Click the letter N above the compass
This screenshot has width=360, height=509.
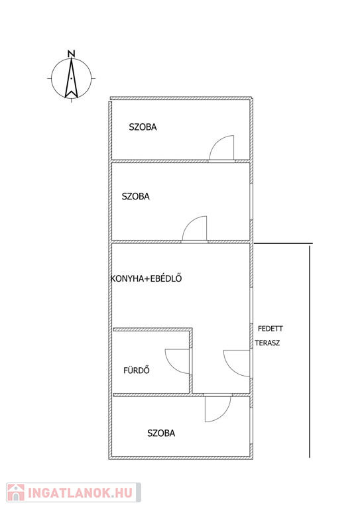[x=72, y=54]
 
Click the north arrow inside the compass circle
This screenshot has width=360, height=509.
[x=72, y=78]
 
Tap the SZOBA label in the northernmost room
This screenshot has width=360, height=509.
[x=143, y=127]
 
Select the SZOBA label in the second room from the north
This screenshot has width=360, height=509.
[x=136, y=196]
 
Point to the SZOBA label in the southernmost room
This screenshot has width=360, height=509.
[x=161, y=433]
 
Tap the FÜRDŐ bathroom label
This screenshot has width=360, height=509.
[x=137, y=370]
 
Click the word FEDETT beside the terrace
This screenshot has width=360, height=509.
[x=270, y=329]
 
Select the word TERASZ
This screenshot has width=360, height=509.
[x=267, y=343]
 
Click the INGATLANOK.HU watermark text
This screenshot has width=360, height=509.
[x=80, y=492]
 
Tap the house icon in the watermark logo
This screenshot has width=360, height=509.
[x=16, y=492]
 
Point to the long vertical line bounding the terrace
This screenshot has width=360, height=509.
[x=310, y=351]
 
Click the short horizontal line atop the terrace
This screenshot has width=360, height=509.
[x=283, y=243]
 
